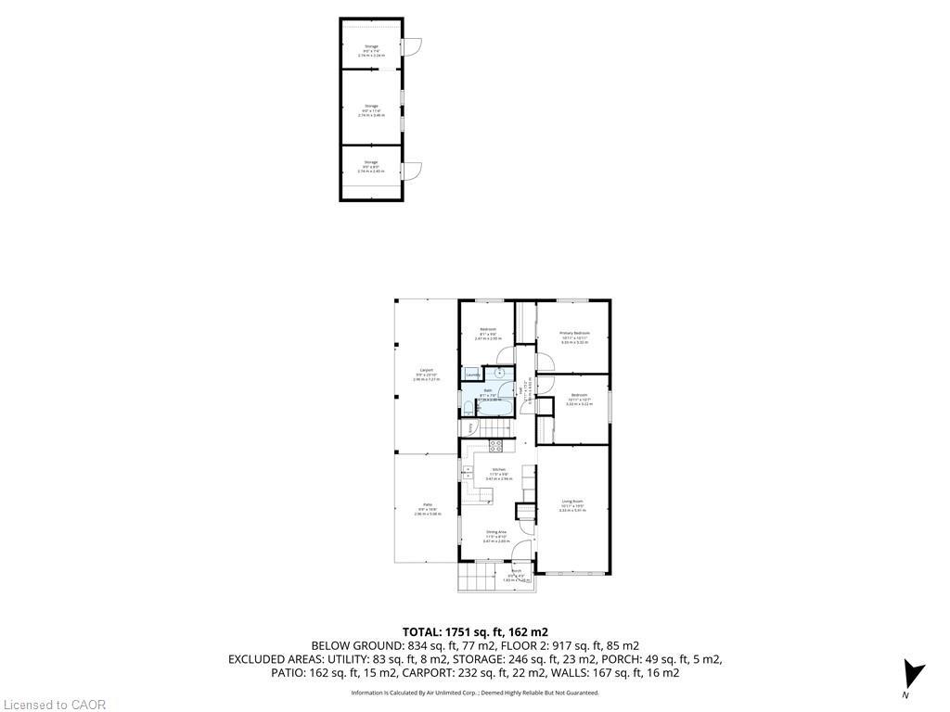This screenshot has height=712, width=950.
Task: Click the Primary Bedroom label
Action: (575, 333)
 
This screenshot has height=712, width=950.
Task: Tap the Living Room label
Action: (571, 502)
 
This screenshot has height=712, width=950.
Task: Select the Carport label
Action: (427, 370)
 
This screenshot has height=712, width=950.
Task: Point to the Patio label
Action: (427, 505)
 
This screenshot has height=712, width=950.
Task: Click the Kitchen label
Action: (498, 470)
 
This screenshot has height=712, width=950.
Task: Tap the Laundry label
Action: (472, 375)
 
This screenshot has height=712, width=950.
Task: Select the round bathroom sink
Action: (500, 373)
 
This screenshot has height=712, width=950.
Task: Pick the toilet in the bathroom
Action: (468, 404)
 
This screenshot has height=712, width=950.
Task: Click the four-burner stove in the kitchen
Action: (495, 444)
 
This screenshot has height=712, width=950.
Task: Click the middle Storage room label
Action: (371, 106)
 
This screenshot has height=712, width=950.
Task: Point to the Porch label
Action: (516, 571)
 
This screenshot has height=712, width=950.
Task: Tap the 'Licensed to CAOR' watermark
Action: (54, 705)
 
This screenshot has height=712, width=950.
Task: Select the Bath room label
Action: (486, 390)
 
